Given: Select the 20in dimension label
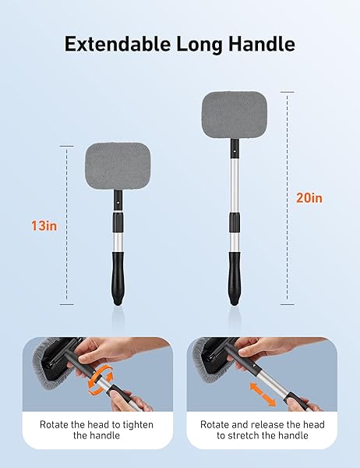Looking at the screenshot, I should click(x=309, y=198).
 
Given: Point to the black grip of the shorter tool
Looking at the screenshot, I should click(x=116, y=278).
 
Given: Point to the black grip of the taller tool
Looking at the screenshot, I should click(x=233, y=275).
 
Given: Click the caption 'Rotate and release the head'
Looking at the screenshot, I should click(x=269, y=424).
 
